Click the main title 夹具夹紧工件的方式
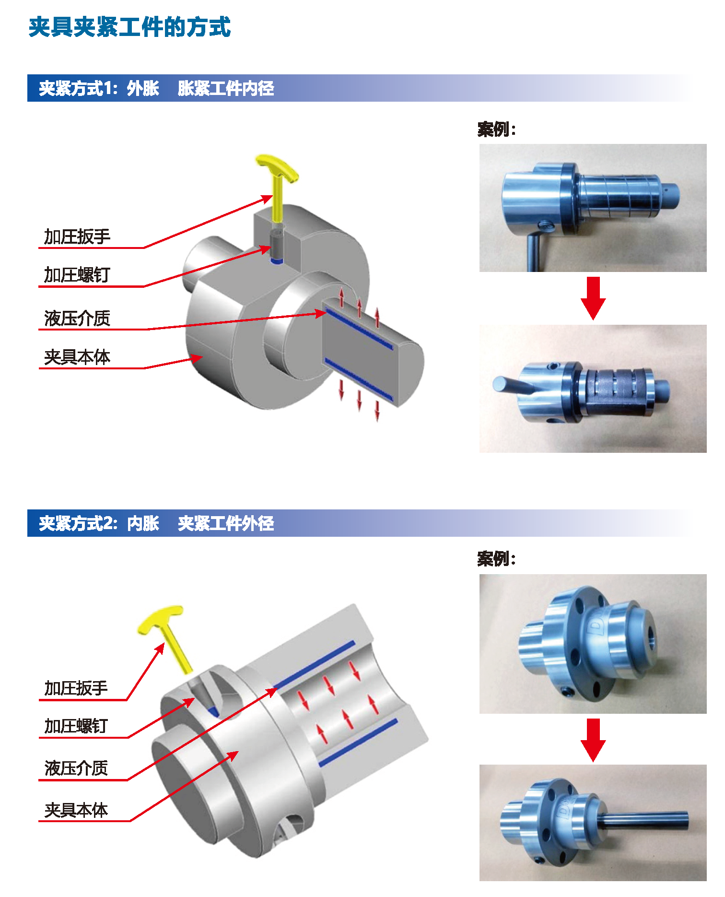tap(129, 27)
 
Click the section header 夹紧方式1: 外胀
tap(99, 88)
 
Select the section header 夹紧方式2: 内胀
tap(99, 523)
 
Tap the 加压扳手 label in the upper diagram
tap(77, 236)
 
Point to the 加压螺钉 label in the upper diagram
tap(77, 275)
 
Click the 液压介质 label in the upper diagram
tap(77, 318)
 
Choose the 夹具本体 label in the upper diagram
tap(77, 357)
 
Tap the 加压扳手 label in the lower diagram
tap(76, 688)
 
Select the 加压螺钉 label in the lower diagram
tap(76, 726)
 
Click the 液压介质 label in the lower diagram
tap(76, 768)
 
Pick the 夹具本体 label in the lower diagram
tap(76, 810)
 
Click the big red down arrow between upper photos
tap(593, 298)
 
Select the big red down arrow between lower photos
tap(593, 740)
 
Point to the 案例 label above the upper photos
tap(496, 129)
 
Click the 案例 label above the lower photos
tap(496, 559)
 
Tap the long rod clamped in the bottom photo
tap(643, 821)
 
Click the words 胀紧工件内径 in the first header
tap(226, 88)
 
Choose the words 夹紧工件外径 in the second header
tap(226, 523)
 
